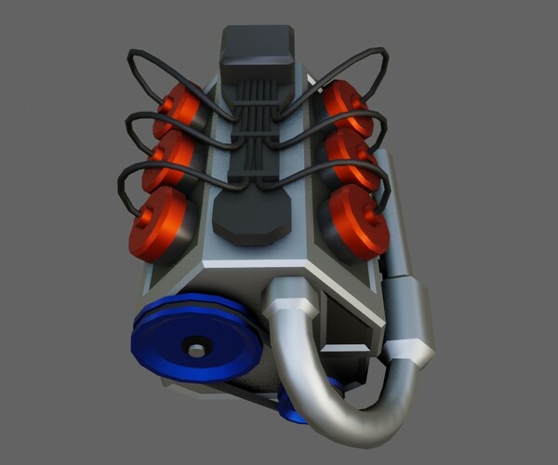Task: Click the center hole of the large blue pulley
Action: pyautogui.click(x=196, y=350)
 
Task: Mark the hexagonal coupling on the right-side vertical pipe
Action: pyautogui.click(x=410, y=349)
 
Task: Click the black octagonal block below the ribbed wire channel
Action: pyautogui.click(x=251, y=219)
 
